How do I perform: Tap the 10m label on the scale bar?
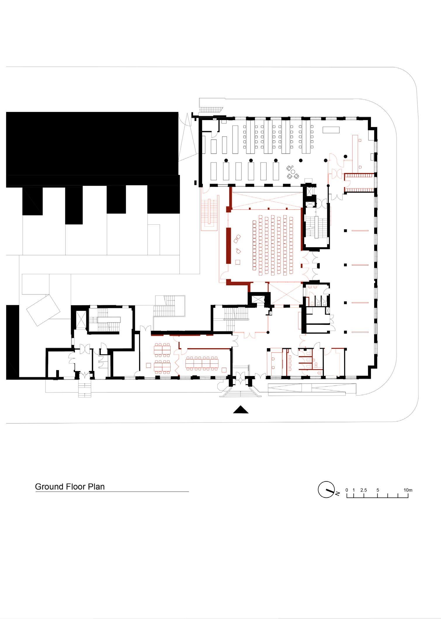408,490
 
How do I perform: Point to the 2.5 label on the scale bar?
364,490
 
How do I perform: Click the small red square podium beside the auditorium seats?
237,262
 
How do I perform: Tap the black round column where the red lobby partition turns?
268,332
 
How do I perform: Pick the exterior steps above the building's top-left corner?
211,109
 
